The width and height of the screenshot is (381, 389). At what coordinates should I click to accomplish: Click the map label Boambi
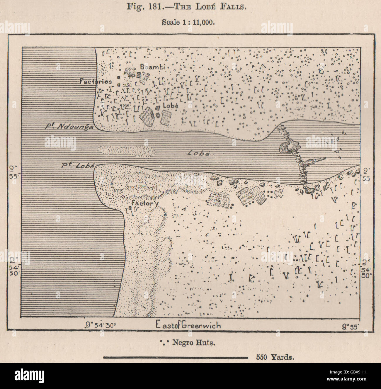pos(152,67)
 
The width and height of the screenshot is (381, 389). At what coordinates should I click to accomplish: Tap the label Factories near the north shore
pos(96,81)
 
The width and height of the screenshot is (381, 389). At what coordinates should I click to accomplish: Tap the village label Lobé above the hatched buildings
pos(170,106)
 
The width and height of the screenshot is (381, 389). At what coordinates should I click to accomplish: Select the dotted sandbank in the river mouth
pos(127,150)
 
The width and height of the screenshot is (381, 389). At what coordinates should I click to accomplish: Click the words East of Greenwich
pos(188,325)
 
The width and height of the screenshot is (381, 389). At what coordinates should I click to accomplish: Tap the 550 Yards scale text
pos(275,357)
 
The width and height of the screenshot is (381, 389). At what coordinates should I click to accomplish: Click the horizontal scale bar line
pos(176,357)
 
